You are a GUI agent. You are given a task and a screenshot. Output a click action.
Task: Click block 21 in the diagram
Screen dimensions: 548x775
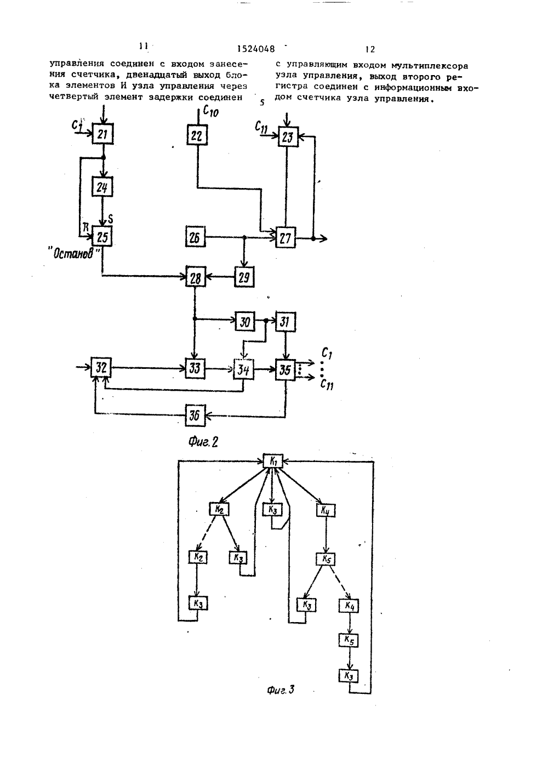(103, 134)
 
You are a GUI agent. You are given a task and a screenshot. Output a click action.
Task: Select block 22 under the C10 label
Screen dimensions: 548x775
(197, 135)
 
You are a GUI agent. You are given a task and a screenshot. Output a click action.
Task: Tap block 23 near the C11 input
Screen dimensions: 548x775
(288, 137)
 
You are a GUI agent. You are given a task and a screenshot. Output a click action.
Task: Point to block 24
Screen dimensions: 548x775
(102, 187)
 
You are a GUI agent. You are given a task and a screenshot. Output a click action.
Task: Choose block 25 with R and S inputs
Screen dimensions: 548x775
(102, 237)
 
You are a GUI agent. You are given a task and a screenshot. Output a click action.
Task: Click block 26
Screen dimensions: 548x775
(196, 236)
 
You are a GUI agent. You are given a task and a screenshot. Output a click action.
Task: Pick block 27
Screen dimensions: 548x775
(286, 238)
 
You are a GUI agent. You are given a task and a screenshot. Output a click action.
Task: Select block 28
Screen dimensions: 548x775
(196, 277)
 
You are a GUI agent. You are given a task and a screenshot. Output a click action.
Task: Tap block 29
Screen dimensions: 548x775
(244, 277)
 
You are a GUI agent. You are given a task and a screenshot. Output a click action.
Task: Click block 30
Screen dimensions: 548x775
(245, 322)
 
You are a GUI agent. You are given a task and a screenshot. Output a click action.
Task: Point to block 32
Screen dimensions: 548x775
(101, 367)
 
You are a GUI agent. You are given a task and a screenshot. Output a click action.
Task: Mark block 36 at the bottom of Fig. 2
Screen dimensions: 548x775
(195, 415)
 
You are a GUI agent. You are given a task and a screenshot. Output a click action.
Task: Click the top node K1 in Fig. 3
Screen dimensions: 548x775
(273, 461)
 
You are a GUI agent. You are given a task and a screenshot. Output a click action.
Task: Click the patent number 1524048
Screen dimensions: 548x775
(256, 49)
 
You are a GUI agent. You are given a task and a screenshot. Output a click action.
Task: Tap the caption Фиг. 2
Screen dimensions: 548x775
(203, 442)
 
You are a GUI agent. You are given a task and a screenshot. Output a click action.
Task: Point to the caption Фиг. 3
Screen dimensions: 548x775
(281, 690)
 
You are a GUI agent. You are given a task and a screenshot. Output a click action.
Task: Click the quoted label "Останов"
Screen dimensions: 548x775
(73, 254)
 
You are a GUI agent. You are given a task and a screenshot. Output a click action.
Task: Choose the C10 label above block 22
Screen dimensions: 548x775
(210, 111)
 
